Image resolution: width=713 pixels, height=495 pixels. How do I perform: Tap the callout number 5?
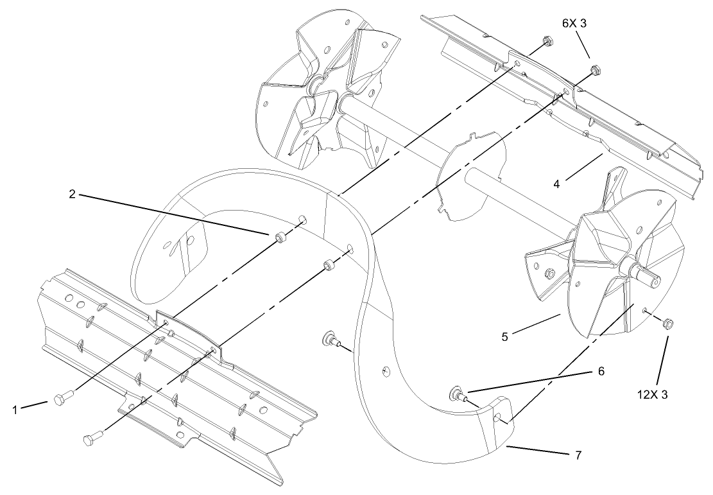coord(504,336)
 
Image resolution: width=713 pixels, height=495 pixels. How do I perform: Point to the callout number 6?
coord(601,371)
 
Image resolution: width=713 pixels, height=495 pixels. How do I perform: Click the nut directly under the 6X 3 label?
coord(593,67)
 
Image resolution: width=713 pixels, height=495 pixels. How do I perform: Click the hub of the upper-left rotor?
coord(315,85)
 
